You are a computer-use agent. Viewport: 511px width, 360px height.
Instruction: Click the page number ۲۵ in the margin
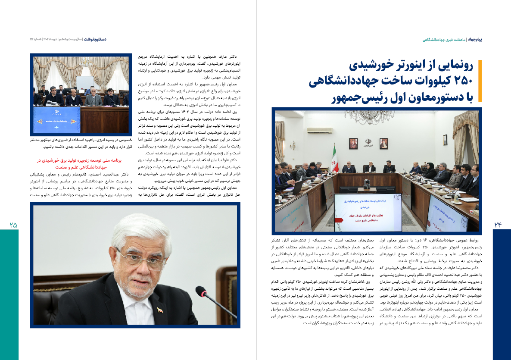click(x=13, y=225)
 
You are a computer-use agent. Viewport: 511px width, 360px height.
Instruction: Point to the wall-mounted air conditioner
click(x=319, y=130)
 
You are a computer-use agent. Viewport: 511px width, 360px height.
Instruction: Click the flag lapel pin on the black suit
click(x=159, y=310)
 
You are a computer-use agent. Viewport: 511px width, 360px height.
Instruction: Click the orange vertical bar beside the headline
click(x=480, y=82)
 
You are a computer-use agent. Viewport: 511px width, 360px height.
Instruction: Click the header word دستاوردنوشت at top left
click(x=95, y=39)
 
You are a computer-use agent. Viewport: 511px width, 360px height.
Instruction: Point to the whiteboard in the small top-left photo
click(x=84, y=82)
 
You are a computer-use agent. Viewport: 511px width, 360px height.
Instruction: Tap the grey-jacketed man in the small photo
click(x=93, y=98)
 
